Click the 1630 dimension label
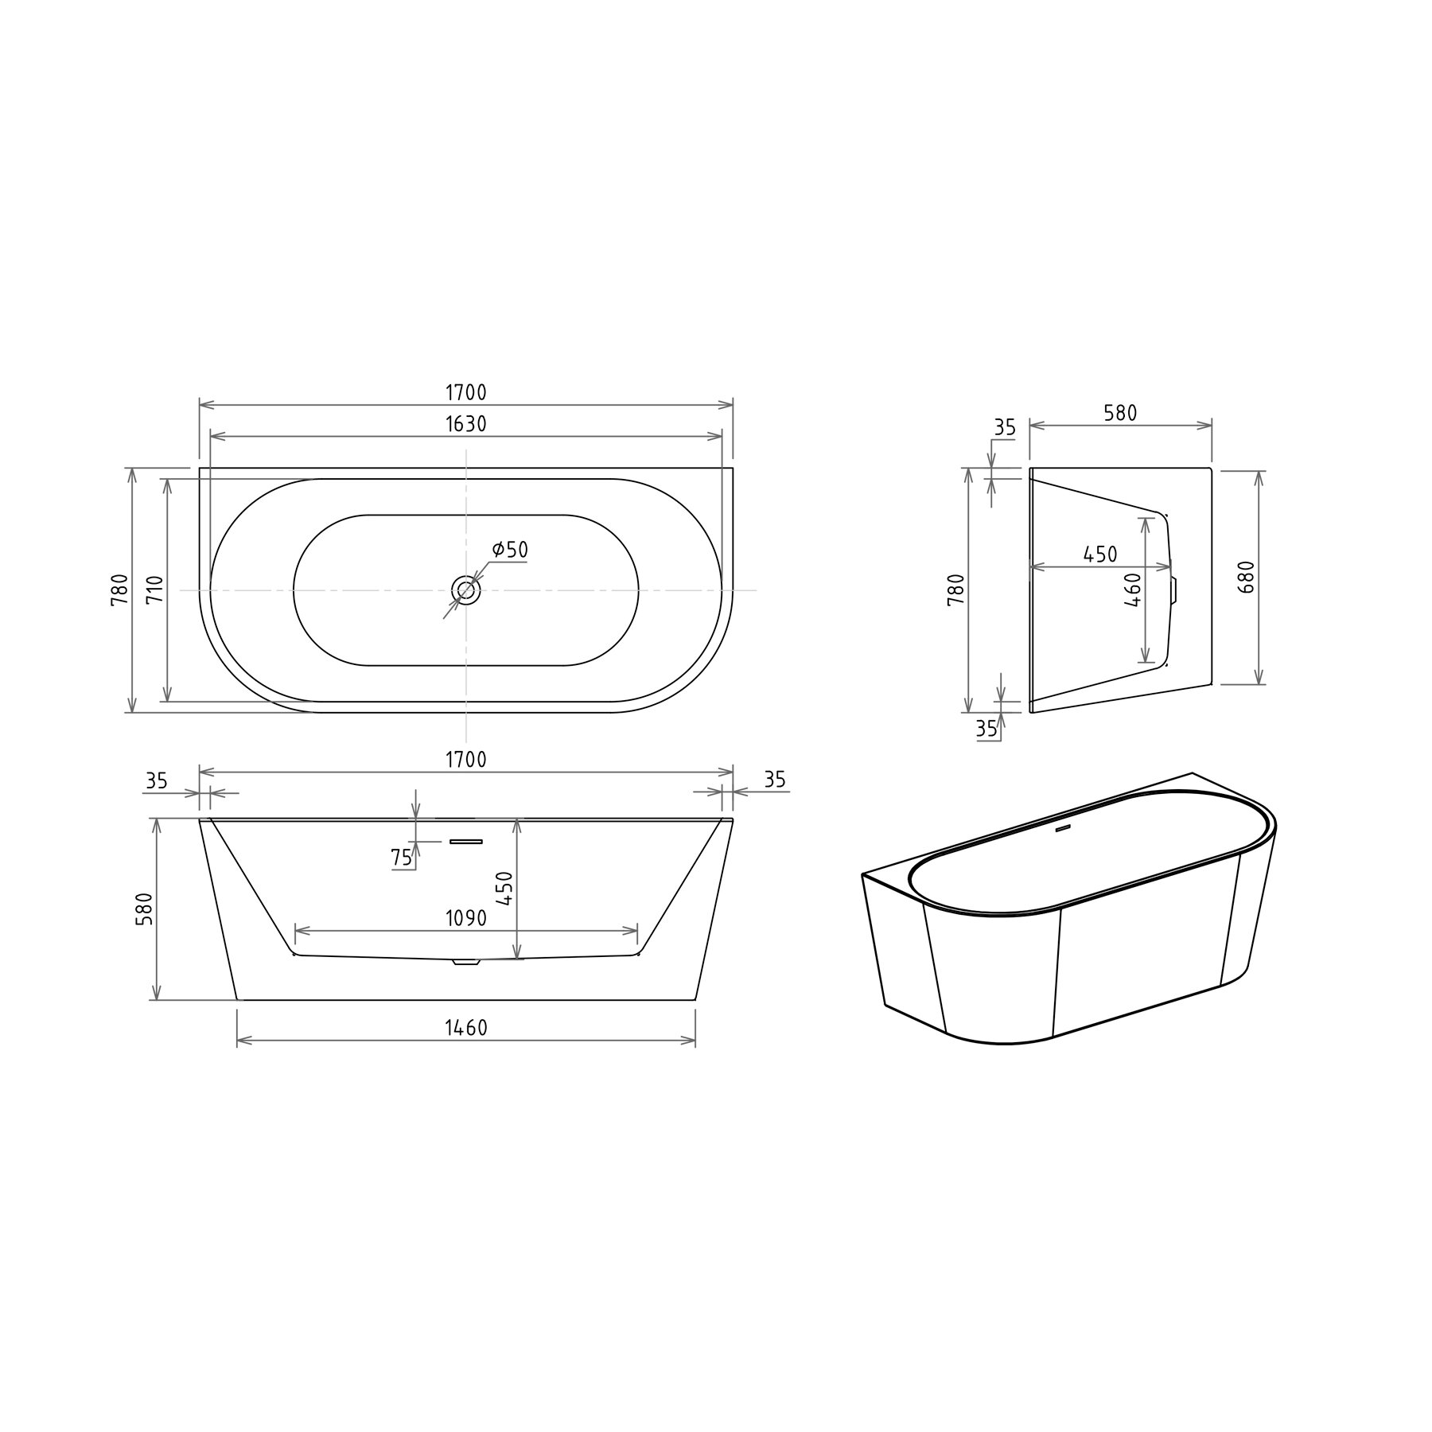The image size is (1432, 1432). point(465,424)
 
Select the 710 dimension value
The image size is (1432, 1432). point(156,590)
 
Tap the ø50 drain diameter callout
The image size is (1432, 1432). point(510,549)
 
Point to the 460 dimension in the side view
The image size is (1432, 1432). point(1134,590)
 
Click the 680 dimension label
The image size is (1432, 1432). point(1246,577)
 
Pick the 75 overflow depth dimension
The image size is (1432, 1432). point(401,857)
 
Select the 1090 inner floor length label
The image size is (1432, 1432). point(465,917)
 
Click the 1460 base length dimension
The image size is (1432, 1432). point(465,1028)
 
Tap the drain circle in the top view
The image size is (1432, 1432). point(466,590)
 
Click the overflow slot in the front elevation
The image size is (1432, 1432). point(466,840)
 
